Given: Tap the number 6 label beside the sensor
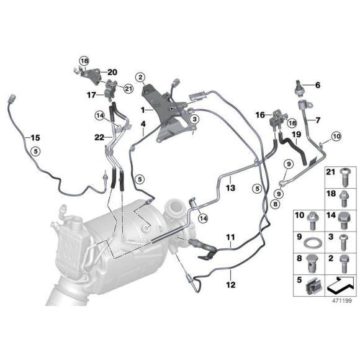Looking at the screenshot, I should click(x=318, y=85).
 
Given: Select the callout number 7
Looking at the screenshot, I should click(x=318, y=120).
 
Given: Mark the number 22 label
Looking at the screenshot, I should click(x=100, y=137).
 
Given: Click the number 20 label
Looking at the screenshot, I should click(x=112, y=72).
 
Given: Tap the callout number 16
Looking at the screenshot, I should click(x=260, y=115).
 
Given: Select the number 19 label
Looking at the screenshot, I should click(x=296, y=134).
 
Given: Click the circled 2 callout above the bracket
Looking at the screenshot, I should click(x=141, y=78).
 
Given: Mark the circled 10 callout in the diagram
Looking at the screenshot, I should click(x=336, y=135).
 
